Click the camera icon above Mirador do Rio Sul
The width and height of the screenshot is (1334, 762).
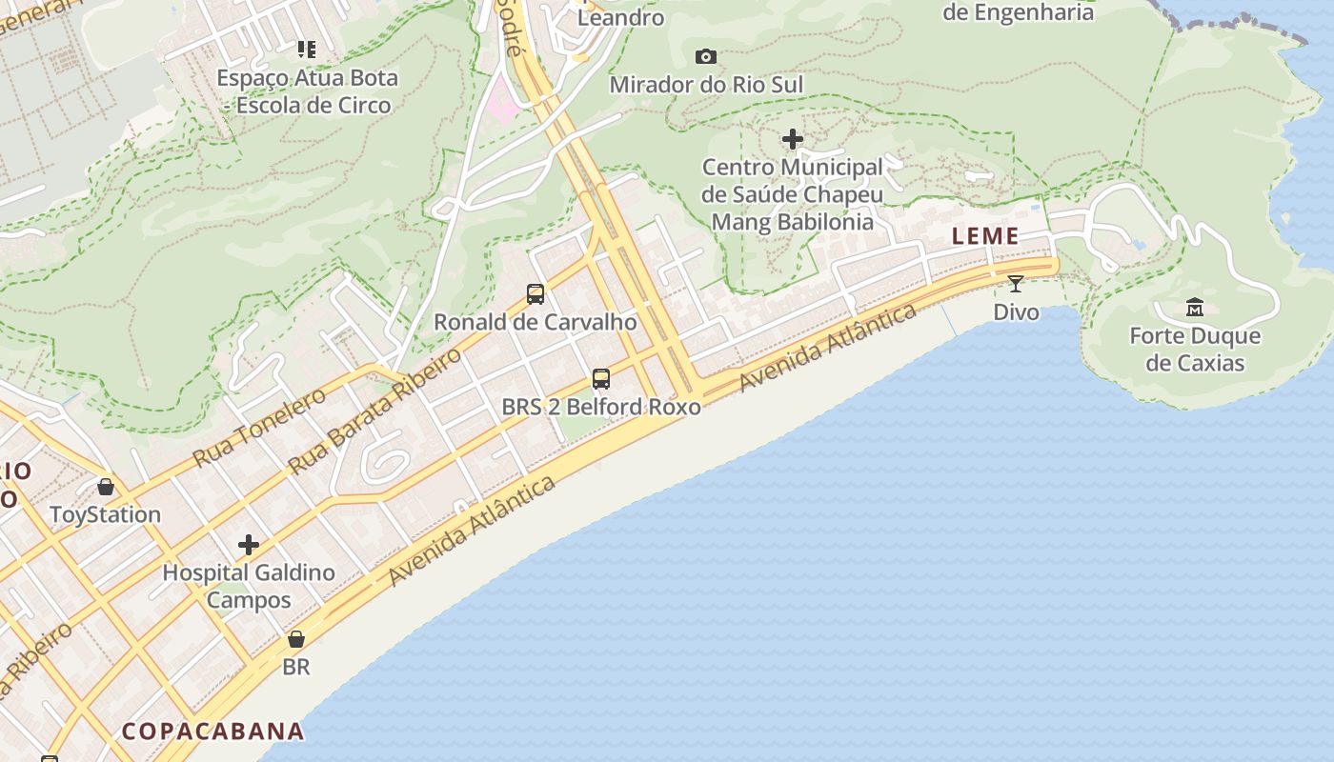[x=705, y=57]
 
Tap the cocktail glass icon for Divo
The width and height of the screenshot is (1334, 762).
[x=1016, y=283]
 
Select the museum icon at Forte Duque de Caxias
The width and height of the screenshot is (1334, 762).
[x=1194, y=307]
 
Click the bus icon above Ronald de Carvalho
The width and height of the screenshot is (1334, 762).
[x=536, y=294]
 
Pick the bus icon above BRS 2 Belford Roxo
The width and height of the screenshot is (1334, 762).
[x=601, y=379]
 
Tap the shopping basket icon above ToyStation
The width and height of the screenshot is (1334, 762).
[x=105, y=487]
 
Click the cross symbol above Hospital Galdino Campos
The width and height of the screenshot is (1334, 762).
[x=249, y=545]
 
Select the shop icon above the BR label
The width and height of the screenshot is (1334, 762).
[x=296, y=639]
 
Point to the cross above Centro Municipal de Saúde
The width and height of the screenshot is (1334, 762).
[x=792, y=140]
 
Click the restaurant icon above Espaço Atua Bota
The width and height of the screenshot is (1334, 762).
[x=306, y=49]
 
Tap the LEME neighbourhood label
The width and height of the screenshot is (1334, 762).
[x=985, y=236]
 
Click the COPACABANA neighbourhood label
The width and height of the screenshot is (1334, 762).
[x=213, y=732]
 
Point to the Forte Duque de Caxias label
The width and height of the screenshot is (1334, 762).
[x=1194, y=350]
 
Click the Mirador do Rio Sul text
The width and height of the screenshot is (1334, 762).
[x=706, y=85]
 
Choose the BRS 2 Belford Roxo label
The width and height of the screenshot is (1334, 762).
[x=601, y=407]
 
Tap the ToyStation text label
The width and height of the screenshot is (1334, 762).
[x=105, y=515]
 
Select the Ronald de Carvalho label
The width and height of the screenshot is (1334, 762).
[x=536, y=322]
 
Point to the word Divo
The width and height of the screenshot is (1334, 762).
[x=1016, y=311]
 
